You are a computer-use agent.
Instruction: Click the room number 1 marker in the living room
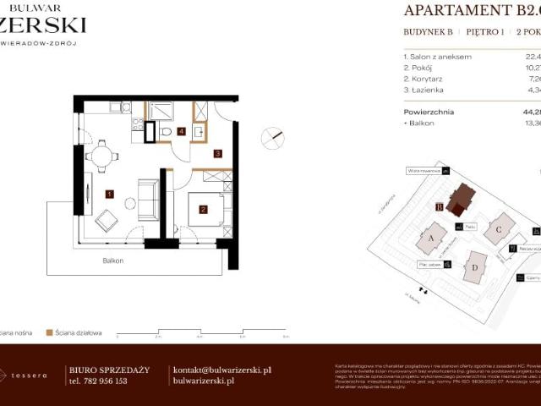pyautogui.click(x=109, y=194)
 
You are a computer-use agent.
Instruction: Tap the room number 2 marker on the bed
pyautogui.click(x=204, y=209)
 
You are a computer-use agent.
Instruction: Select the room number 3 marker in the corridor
pyautogui.click(x=217, y=154)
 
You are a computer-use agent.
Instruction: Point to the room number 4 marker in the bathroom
pyautogui.click(x=181, y=131)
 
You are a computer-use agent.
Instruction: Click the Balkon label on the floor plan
pyautogui.click(x=112, y=261)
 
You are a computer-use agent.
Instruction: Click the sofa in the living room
pyautogui.click(x=149, y=200)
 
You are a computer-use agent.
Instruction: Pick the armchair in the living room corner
pyautogui.click(x=107, y=220)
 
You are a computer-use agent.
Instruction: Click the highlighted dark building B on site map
pyautogui.click(x=461, y=200)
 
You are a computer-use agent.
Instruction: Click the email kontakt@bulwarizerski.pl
pyautogui.click(x=221, y=370)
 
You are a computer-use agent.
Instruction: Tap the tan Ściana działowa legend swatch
pyautogui.click(x=50, y=332)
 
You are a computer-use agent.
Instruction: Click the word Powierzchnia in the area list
pyautogui.click(x=429, y=112)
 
